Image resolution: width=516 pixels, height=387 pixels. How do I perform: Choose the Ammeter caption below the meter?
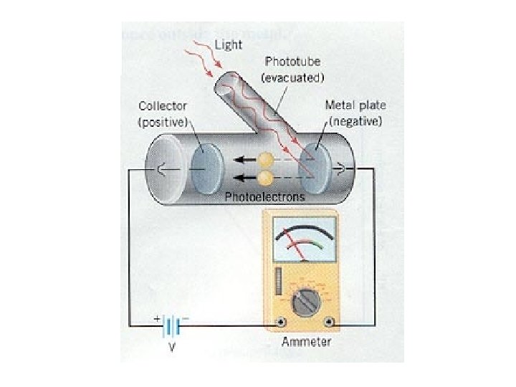[307, 341]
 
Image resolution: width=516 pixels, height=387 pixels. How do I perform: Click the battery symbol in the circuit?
[171, 327]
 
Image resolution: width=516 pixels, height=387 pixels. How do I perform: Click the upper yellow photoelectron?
[266, 160]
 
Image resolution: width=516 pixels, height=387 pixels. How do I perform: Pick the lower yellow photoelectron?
[266, 177]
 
